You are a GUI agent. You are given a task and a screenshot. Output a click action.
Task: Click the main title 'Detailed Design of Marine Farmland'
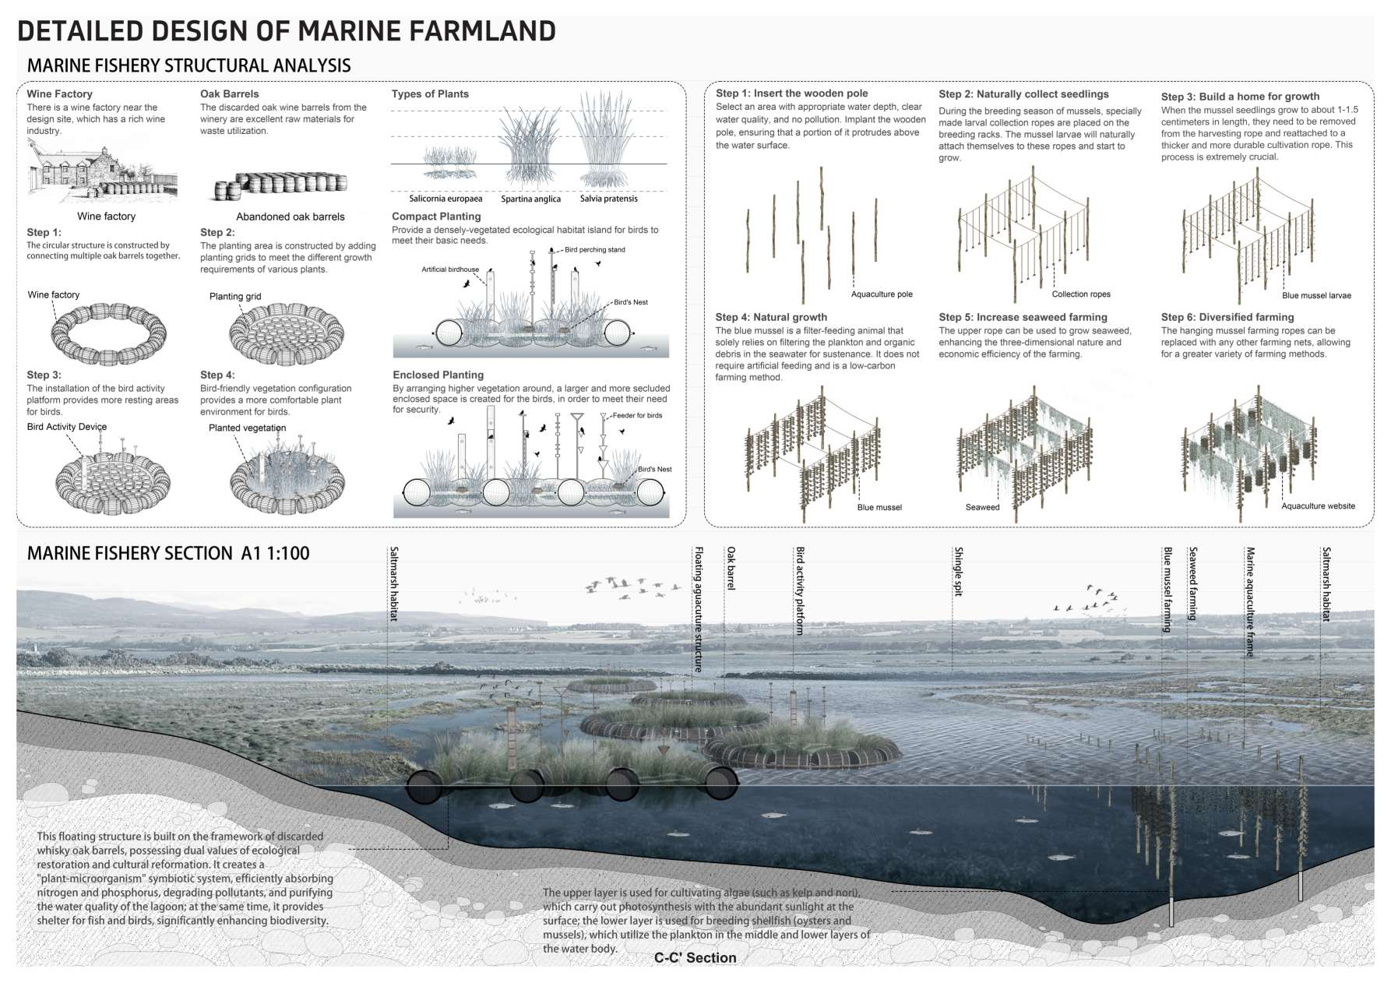[287, 31]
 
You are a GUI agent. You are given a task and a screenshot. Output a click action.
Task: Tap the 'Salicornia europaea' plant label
[446, 199]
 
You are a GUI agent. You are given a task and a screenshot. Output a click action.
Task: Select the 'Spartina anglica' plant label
[530, 199]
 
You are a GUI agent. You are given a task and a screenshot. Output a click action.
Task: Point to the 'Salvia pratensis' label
[608, 199]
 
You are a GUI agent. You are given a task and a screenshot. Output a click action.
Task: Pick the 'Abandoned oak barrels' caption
[291, 217]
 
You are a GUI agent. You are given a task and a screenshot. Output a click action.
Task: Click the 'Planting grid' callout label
[235, 296]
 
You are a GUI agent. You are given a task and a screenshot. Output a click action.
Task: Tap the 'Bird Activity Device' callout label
[67, 427]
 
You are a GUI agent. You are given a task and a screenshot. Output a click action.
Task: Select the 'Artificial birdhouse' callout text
[450, 270]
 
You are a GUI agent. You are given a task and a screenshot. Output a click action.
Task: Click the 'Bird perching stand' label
[595, 250]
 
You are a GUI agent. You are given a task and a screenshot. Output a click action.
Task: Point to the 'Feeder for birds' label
[637, 415]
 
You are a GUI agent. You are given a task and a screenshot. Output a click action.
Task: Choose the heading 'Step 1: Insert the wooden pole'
[792, 93]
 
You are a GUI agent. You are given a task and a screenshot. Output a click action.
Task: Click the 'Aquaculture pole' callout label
[882, 294]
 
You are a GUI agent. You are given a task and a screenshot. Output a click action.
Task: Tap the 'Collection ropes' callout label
[1081, 294]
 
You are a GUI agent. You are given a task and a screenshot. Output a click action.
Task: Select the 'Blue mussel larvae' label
[1316, 295]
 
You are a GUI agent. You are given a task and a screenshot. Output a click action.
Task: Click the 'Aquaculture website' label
[1319, 506]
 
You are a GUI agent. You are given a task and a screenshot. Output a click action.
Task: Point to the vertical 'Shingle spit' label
[959, 572]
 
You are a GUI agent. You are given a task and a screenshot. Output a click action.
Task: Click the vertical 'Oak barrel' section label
[731, 569]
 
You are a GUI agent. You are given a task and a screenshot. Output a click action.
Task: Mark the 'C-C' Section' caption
[695, 958]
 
